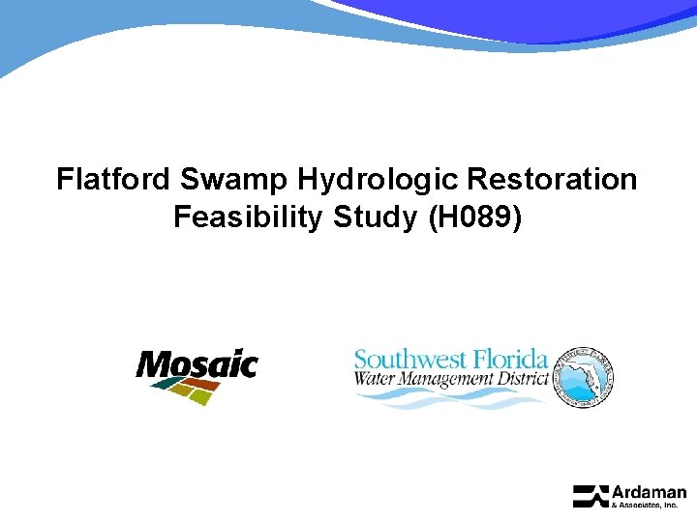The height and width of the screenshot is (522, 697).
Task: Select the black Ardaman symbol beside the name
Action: click(x=590, y=496)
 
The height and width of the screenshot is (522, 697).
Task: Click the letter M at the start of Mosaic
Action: click(x=150, y=364)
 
